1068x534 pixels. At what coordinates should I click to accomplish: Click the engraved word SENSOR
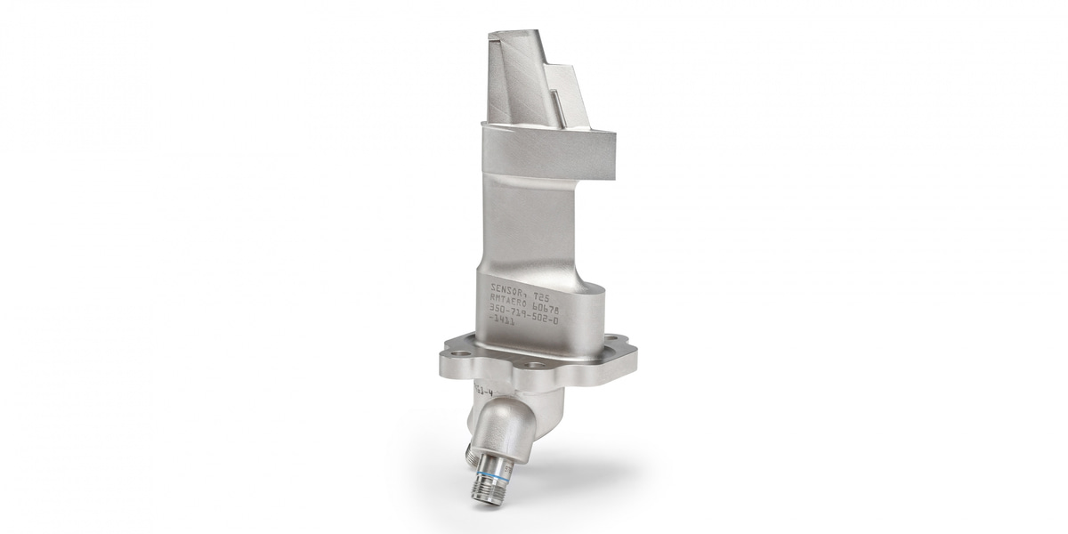(508, 288)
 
